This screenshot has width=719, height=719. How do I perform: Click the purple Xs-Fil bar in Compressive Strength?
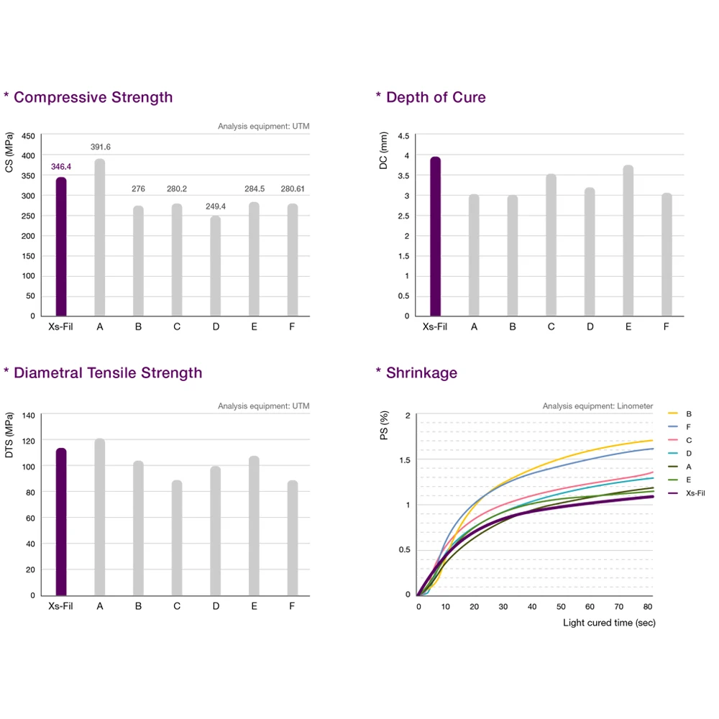(x=61, y=246)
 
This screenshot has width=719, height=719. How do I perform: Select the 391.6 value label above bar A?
(x=101, y=147)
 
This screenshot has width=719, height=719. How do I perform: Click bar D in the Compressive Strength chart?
(x=216, y=266)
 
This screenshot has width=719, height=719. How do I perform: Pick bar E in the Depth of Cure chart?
(x=628, y=241)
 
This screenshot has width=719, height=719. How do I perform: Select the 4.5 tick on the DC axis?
(x=403, y=136)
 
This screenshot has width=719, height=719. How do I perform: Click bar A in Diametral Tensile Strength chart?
(x=100, y=517)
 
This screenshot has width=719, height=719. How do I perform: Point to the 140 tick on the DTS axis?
(x=29, y=415)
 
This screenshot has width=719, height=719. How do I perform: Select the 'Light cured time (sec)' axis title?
(x=609, y=623)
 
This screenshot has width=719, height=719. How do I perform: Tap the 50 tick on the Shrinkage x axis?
(x=561, y=607)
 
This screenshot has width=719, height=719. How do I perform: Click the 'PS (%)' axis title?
(x=385, y=426)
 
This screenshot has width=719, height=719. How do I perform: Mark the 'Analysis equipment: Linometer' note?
(x=597, y=406)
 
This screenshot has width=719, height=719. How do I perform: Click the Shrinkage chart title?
(x=421, y=372)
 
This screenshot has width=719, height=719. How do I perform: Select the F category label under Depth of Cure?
(x=667, y=326)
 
